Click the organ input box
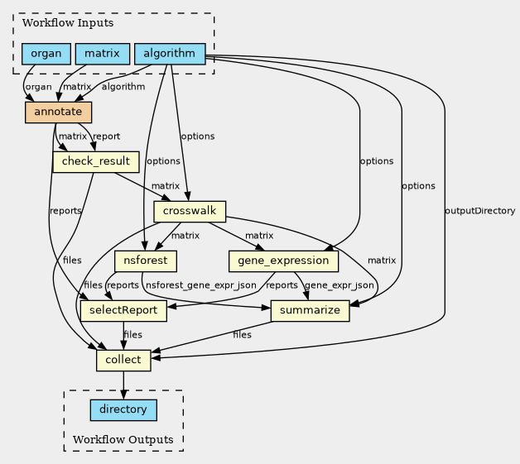pos(46,55)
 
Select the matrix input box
pos(103,55)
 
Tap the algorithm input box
pos(169,55)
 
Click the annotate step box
pos(58,112)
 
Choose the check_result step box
pos(95,161)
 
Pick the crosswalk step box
pos(190,212)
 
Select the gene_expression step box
pos(283,261)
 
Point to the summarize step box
pos(311,311)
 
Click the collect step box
pos(123,361)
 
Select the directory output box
pos(123,409)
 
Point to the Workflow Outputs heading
pos(123,439)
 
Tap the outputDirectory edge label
pos(480,211)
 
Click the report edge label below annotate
pos(106,136)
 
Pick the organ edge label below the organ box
pos(38,86)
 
